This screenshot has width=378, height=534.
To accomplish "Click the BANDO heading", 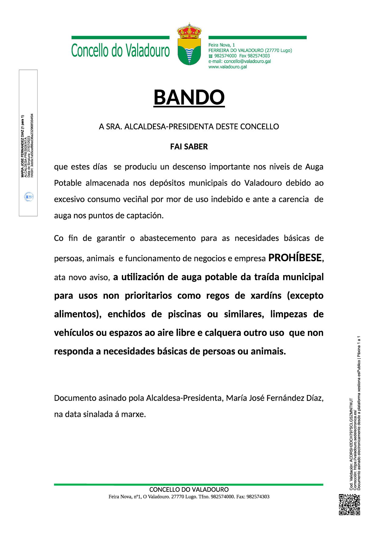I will tap(189, 97).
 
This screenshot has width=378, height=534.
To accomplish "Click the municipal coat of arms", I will tap(189, 44).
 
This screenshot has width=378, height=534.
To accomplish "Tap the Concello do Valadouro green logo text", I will tap(120, 51).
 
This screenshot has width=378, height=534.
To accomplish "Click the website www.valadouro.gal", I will tap(227, 67).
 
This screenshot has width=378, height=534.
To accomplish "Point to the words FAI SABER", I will tap(189, 147).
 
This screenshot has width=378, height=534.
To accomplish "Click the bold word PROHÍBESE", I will tap(295, 258).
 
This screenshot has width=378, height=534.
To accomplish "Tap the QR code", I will tap(349, 504).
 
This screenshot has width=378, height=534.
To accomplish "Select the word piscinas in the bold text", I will tap(184, 314).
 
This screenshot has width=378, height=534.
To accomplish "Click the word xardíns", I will tap(266, 296).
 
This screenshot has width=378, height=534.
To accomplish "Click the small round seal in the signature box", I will tap(29, 197).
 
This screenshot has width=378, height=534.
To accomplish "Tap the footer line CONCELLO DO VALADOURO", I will tap(189, 490).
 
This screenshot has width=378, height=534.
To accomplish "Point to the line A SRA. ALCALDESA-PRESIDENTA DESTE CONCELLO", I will tap(189, 127).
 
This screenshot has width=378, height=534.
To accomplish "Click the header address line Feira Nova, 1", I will tap(222, 45).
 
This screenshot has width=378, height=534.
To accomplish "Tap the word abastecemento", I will tap(168, 238).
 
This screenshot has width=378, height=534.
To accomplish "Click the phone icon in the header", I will tap(211, 56).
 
